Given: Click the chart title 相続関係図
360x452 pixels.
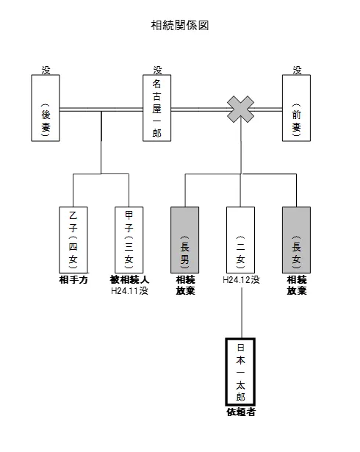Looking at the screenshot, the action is [x=180, y=26].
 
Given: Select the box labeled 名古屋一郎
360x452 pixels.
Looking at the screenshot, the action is [x=156, y=108].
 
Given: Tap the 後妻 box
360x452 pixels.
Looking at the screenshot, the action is [x=46, y=108].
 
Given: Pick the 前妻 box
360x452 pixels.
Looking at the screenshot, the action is [x=296, y=108].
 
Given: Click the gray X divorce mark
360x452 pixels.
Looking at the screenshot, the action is [x=241, y=110].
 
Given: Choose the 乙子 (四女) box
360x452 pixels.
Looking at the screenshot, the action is [x=73, y=240].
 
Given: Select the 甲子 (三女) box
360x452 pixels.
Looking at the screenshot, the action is [x=129, y=240].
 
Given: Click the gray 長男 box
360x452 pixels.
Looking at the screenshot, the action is [x=184, y=240].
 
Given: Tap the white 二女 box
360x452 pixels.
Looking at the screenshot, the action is [x=241, y=240].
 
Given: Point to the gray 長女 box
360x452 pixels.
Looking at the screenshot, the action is [x=296, y=240].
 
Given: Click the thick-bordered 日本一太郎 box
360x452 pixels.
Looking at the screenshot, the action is [x=240, y=372].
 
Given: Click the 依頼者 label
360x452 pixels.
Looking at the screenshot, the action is [x=241, y=412].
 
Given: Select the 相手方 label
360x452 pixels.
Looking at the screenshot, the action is [x=73, y=279].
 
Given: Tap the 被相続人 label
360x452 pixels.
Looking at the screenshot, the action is [x=129, y=279].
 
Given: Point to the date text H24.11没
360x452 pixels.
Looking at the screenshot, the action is [x=129, y=290].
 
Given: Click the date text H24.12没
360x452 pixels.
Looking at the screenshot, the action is [x=241, y=279].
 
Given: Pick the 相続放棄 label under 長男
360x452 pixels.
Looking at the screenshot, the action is [x=185, y=285].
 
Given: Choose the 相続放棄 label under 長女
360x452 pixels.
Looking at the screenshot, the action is [x=297, y=285].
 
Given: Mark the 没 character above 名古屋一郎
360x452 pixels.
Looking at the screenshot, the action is [x=158, y=71].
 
